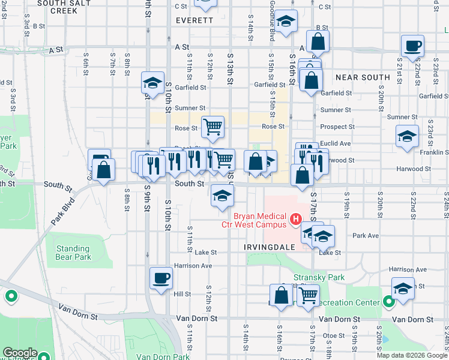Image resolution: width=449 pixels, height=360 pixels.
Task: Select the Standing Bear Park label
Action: (x=73, y=253)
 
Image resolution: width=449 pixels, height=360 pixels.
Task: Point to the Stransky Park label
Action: (x=328, y=277)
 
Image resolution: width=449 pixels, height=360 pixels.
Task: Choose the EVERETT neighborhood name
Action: (x=194, y=20)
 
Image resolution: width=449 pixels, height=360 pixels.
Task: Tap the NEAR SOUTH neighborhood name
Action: (x=363, y=77)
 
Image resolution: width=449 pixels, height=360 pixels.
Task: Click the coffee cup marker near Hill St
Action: (x=161, y=278)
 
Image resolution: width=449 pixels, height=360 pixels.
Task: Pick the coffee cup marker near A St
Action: (x=413, y=46)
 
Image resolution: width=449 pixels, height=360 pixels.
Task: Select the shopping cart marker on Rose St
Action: (x=212, y=127)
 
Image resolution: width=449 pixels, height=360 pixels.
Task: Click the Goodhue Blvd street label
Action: (x=272, y=28)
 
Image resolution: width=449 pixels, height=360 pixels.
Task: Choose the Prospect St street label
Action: (x=337, y=127)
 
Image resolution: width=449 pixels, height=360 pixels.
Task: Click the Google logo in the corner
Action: (x=20, y=353)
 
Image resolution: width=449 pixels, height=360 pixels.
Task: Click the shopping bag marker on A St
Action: (x=318, y=42)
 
